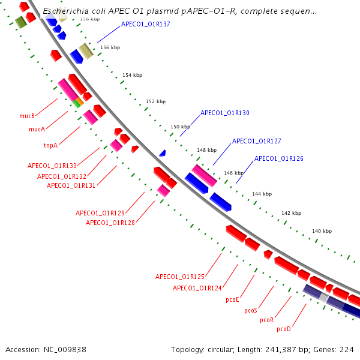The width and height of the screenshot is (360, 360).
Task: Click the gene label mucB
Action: tap(27, 116)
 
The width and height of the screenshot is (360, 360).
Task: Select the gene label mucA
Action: tap(37, 129)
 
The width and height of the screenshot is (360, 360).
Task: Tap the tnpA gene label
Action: tap(50, 145)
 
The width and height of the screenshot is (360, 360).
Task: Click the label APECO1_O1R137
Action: tap(146, 25)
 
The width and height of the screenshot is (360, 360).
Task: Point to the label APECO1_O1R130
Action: tap(225, 113)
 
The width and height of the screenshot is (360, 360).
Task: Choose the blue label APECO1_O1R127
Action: tap(257, 141)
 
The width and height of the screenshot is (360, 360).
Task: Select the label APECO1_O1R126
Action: tap(279, 158)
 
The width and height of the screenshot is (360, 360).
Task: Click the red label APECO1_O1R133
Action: tap(52, 166)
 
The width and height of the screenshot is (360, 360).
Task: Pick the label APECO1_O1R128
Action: tap(110, 223)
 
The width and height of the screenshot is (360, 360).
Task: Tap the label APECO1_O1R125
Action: tap(180, 277)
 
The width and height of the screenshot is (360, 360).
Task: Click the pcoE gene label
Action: tap(232, 299)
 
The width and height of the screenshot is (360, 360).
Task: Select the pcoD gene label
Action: tap(284, 329)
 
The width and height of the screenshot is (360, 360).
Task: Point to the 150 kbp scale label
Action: tap(180, 127)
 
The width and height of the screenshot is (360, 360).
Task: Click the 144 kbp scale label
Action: tap(262, 194)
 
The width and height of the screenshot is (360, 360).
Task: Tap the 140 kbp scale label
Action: tap(322, 231)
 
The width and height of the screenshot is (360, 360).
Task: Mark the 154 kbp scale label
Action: tap(132, 75)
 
